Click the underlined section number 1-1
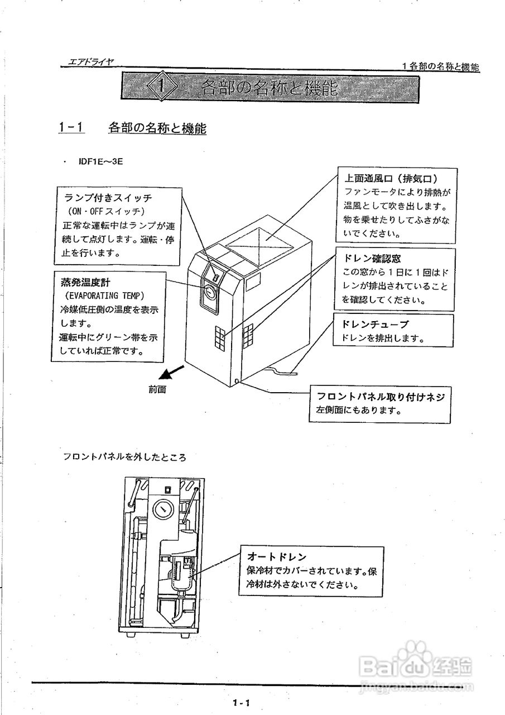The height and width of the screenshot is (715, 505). pos(71,128)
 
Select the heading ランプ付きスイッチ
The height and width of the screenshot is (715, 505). pos(108,198)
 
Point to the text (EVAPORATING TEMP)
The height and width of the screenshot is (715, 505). pos(104,295)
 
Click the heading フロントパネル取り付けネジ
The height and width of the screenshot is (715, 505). pos(381,397)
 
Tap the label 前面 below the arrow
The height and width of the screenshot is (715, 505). pos(157,390)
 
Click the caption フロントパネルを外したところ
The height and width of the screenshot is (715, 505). pos(124,456)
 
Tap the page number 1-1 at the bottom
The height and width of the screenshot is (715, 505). pos(241,703)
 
